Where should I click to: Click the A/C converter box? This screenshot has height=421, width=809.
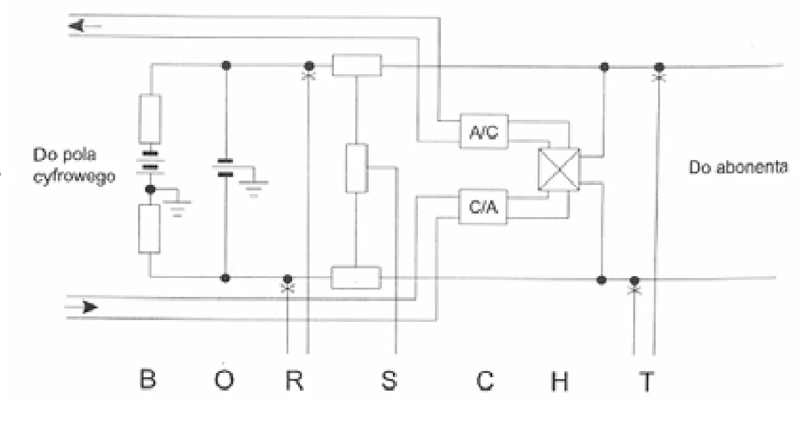pos(484,131)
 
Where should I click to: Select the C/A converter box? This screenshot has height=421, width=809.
pos(483,206)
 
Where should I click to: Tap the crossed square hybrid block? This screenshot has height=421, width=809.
pos(559,169)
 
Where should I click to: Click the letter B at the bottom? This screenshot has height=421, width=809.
pos(148,378)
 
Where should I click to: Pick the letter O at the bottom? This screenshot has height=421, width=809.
pos(224,380)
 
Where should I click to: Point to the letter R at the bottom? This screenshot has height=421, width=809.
pos(295,380)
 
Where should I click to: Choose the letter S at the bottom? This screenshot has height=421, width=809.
pos(390,380)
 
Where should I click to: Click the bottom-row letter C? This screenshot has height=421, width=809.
pos(485,381)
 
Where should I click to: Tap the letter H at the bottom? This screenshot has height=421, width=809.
pos(560,381)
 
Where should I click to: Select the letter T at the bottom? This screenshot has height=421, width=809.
pos(647,382)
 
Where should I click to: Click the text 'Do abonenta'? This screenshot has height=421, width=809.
pos(738,167)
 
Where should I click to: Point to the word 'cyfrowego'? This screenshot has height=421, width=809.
pos(74,177)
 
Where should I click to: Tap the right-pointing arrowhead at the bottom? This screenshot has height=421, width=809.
pos(90,308)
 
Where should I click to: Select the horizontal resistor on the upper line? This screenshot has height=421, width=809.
pos(357,65)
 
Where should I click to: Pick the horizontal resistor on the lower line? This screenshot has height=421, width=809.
pos(356,278)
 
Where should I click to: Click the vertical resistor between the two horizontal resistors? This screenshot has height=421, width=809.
pos(357,168)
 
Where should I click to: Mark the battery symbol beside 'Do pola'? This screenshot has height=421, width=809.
pos(150,161)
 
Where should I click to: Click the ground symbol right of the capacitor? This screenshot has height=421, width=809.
pos(253,189)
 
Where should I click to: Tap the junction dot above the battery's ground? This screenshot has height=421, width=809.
pos(150,189)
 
